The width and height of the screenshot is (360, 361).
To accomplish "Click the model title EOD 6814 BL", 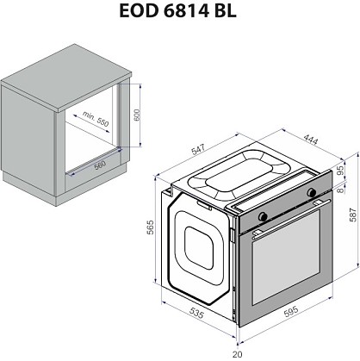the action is (177, 11).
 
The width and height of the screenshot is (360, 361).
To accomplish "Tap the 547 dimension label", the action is (198, 149).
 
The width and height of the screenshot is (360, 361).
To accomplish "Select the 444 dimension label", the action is (311, 140).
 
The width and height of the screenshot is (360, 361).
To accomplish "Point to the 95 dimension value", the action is (340, 170).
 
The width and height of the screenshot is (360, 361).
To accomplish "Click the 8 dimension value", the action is (340, 190).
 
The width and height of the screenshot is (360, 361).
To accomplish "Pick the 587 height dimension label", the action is (352, 215).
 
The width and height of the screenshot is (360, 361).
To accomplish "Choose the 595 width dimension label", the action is (290, 312).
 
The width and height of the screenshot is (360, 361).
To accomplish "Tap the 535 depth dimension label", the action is (196, 313).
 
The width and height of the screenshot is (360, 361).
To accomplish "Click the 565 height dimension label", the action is (150, 227).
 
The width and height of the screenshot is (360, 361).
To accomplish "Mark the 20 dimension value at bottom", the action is (238, 354).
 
